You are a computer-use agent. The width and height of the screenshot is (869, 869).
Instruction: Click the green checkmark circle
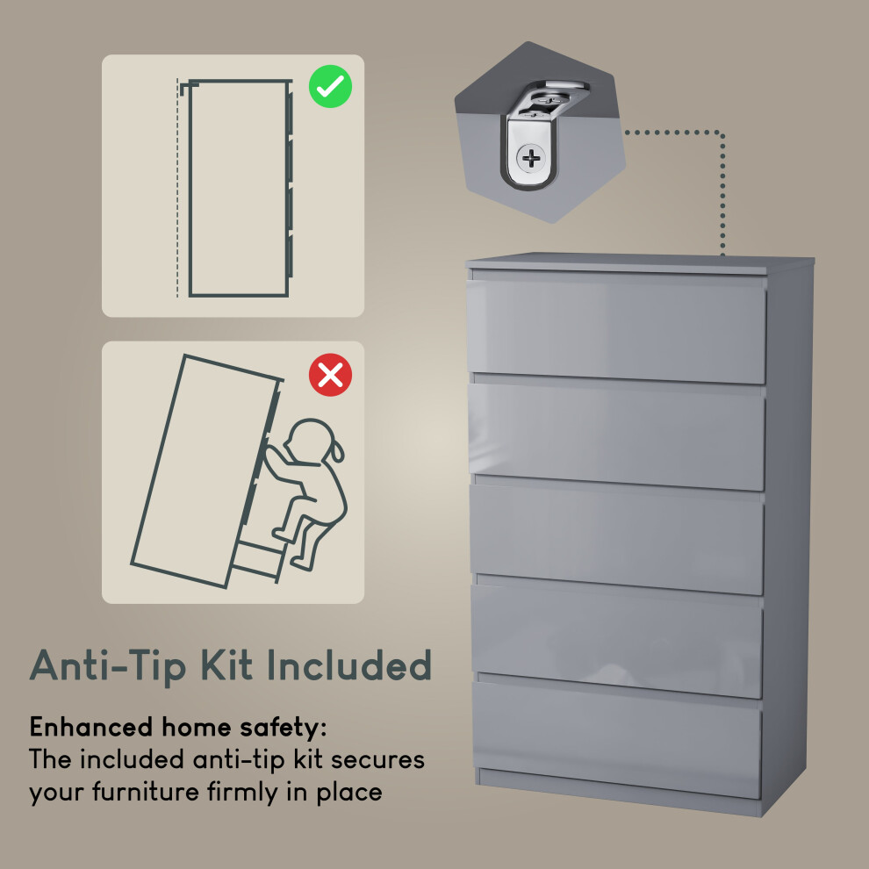(330, 86)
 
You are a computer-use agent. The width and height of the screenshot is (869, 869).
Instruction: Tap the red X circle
(330, 375)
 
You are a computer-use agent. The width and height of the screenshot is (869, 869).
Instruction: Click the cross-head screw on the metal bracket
(531, 159)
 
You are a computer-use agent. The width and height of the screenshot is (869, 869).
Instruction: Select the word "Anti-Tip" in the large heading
(107, 665)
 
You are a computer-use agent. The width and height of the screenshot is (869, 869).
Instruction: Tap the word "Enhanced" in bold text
(91, 727)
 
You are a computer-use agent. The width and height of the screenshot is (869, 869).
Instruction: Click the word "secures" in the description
(377, 760)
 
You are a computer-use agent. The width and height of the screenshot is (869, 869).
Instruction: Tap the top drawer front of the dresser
(617, 331)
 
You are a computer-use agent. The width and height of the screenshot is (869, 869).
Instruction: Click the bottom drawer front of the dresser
(617, 740)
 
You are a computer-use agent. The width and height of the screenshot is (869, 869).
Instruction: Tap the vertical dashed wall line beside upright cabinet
(178, 189)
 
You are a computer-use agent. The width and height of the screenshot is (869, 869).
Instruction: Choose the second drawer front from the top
(617, 436)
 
